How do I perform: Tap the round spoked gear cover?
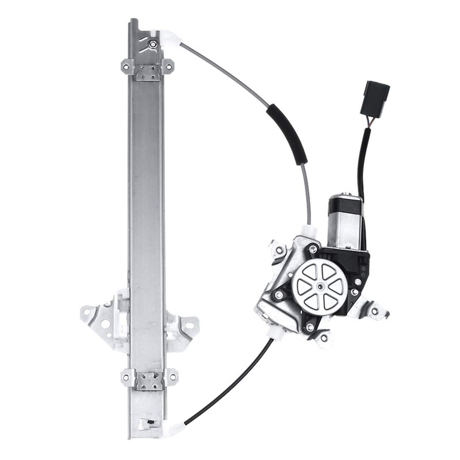click(319, 285)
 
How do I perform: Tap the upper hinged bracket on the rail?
click(147, 70)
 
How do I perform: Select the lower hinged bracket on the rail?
click(149, 380)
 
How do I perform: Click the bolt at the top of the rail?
click(152, 43)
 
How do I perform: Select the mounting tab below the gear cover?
click(323, 338)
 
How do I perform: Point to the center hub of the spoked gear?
click(319, 285)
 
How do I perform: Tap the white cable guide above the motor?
click(311, 231)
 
